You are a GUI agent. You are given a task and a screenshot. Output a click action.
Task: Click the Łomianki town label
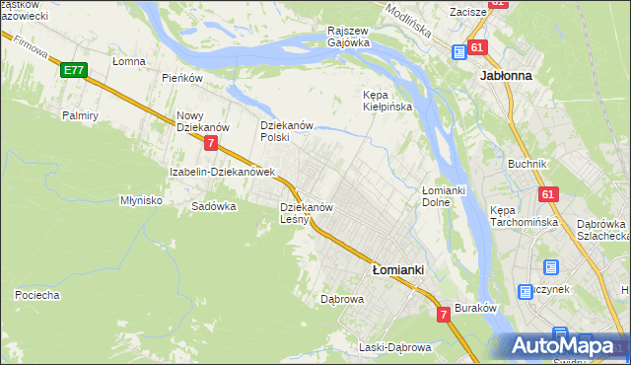(x=398, y=268)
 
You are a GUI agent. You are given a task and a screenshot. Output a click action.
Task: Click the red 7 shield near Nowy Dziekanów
(x=212, y=143)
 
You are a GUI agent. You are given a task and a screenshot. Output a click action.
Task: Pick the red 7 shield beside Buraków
(x=444, y=314)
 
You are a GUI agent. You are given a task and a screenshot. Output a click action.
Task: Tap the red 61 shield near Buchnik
(x=547, y=194)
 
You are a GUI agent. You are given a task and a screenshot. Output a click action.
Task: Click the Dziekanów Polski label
(x=286, y=131)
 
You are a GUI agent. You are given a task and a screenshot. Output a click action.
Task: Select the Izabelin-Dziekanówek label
(x=220, y=172)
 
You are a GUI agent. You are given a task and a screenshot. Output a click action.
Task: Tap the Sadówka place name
(x=214, y=207)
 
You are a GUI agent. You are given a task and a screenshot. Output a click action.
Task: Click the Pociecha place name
(x=37, y=295)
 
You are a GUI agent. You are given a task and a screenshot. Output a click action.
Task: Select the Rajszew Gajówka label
(x=349, y=36)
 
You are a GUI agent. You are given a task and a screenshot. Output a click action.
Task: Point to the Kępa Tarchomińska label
(x=524, y=216)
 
